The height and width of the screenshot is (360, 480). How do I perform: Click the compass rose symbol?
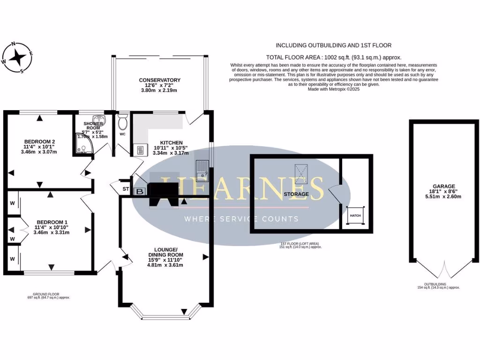pos(18,58)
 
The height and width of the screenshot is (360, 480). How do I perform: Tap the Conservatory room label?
pos(159,80)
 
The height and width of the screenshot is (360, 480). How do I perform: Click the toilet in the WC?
pos(123,123)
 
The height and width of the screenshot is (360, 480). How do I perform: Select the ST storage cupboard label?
pos(126,189)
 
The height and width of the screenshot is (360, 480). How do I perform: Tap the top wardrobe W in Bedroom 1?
pos(11,203)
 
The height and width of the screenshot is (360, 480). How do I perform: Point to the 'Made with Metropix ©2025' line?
pos(333,89)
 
